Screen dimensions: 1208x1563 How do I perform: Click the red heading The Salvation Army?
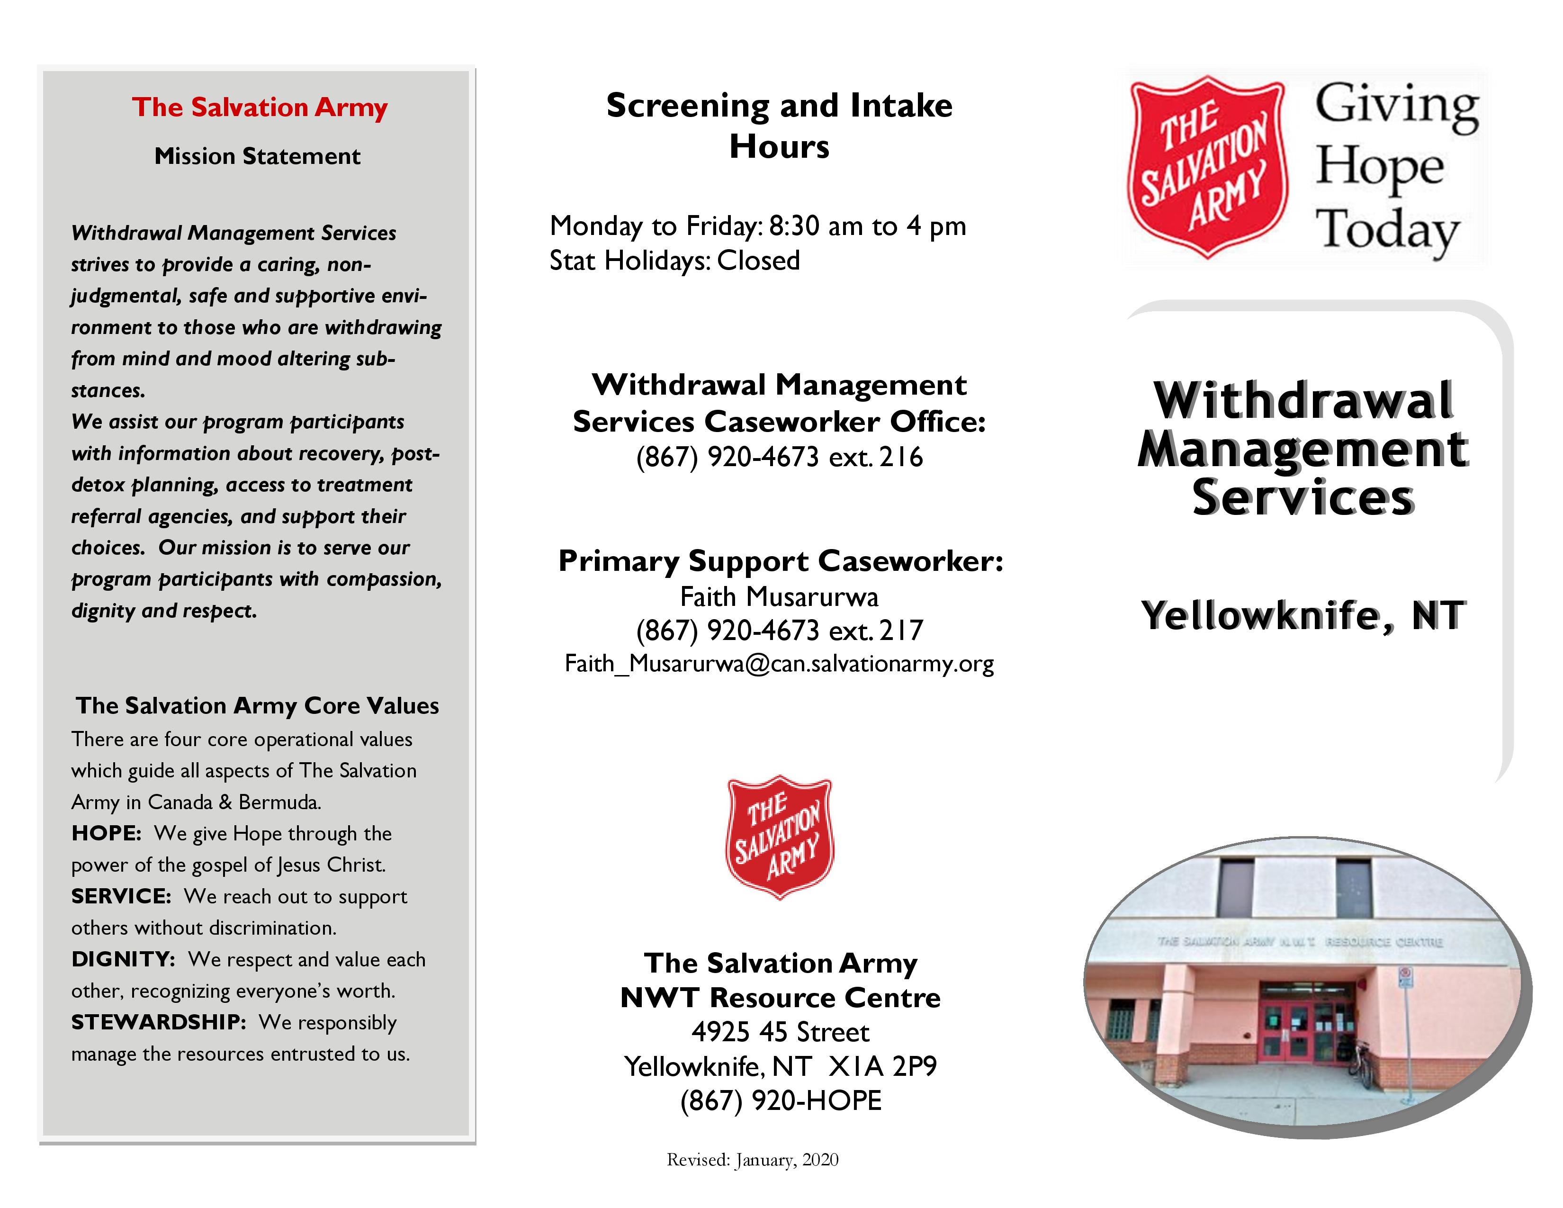[x=259, y=108]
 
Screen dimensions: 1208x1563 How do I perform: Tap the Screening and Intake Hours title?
[x=779, y=125]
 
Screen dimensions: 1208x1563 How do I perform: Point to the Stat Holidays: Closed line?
[x=674, y=261]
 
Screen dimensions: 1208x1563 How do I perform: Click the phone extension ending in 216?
[x=779, y=457]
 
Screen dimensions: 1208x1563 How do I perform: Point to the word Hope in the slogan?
[x=1379, y=167]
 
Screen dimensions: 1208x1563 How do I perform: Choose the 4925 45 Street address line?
[x=779, y=1032]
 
